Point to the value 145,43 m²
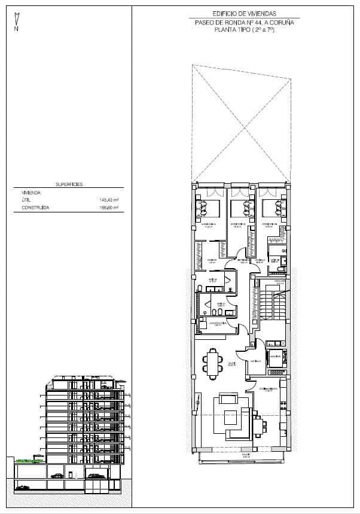click(109, 200)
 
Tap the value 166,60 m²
click(109, 208)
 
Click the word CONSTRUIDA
click(35, 208)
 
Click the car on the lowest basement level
click(23, 487)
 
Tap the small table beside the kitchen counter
click(259, 427)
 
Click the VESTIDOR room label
click(212, 260)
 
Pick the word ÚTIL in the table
click(26, 200)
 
